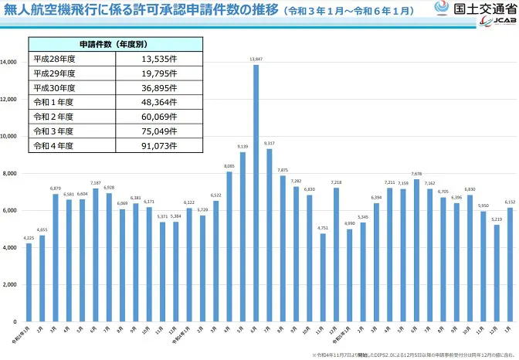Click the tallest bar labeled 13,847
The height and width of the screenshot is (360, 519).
[x=256, y=193]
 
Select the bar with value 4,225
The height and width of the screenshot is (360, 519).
[x=29, y=282]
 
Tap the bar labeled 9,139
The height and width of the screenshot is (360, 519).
[x=243, y=236]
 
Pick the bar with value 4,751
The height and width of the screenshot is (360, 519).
[x=322, y=277]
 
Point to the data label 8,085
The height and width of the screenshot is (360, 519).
[x=229, y=165]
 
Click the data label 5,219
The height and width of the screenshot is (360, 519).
[x=497, y=219]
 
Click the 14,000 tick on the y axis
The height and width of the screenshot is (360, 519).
[x=9, y=62]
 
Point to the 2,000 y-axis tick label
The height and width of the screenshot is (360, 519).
[x=11, y=284]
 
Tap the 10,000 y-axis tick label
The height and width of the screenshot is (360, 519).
[x=9, y=136]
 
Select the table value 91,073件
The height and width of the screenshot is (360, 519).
[x=159, y=144]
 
